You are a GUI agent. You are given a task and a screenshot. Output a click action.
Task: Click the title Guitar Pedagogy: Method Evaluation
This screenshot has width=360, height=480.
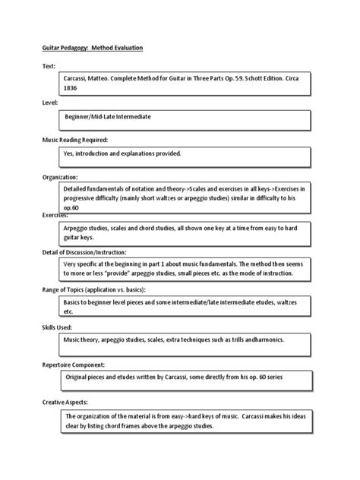point(92,48)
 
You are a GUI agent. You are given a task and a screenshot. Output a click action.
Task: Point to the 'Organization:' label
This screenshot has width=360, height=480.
point(60,176)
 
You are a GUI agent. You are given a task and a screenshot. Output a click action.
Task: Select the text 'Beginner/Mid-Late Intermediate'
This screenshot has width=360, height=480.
point(113,119)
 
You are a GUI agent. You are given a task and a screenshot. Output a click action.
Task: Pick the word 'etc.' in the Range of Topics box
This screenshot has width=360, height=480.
point(70,311)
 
